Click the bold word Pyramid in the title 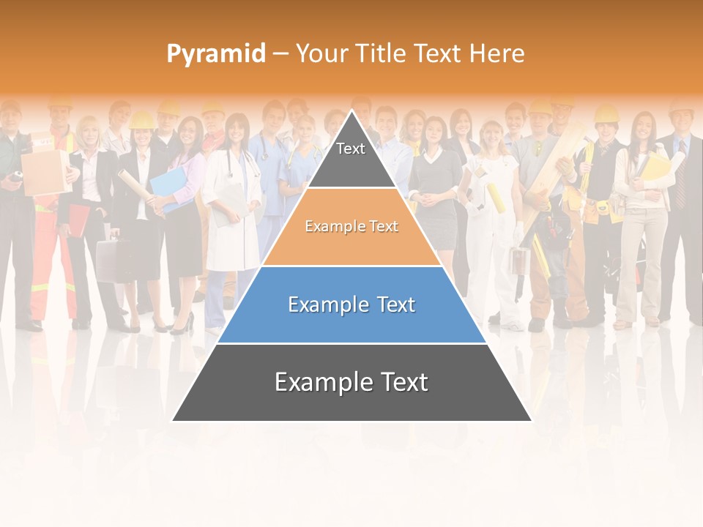pyautogui.click(x=215, y=53)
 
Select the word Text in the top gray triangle pyautogui.click(x=351, y=149)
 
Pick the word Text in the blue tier pyautogui.click(x=392, y=304)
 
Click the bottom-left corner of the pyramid pyautogui.click(x=173, y=420)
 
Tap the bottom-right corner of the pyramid pyautogui.click(x=531, y=420)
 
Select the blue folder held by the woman pyautogui.click(x=168, y=187)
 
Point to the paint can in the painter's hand pyautogui.click(x=519, y=260)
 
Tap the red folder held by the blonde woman pyautogui.click(x=76, y=220)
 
